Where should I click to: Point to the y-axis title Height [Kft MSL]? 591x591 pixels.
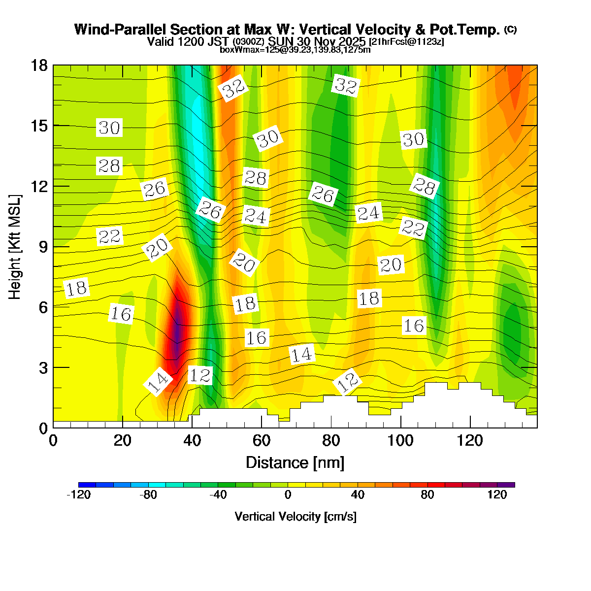(x=15, y=247)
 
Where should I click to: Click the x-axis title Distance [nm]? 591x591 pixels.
(x=295, y=463)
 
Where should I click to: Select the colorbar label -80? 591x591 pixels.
(x=148, y=495)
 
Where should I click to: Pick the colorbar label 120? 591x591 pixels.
(x=497, y=495)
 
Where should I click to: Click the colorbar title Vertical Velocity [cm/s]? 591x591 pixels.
(x=295, y=517)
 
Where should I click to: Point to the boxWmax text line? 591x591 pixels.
(x=295, y=49)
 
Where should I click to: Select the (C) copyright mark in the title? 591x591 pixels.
(x=510, y=30)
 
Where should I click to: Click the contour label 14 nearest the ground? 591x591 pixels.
(x=158, y=382)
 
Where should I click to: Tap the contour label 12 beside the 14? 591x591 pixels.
(x=200, y=376)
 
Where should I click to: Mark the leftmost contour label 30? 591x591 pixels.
(x=109, y=128)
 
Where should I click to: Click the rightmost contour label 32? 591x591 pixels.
(x=345, y=85)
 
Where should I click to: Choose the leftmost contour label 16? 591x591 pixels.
(x=121, y=314)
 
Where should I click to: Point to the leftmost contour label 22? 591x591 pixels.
(x=109, y=236)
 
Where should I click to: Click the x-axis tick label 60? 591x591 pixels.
(x=262, y=440)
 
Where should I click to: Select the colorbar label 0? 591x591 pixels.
(x=288, y=495)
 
